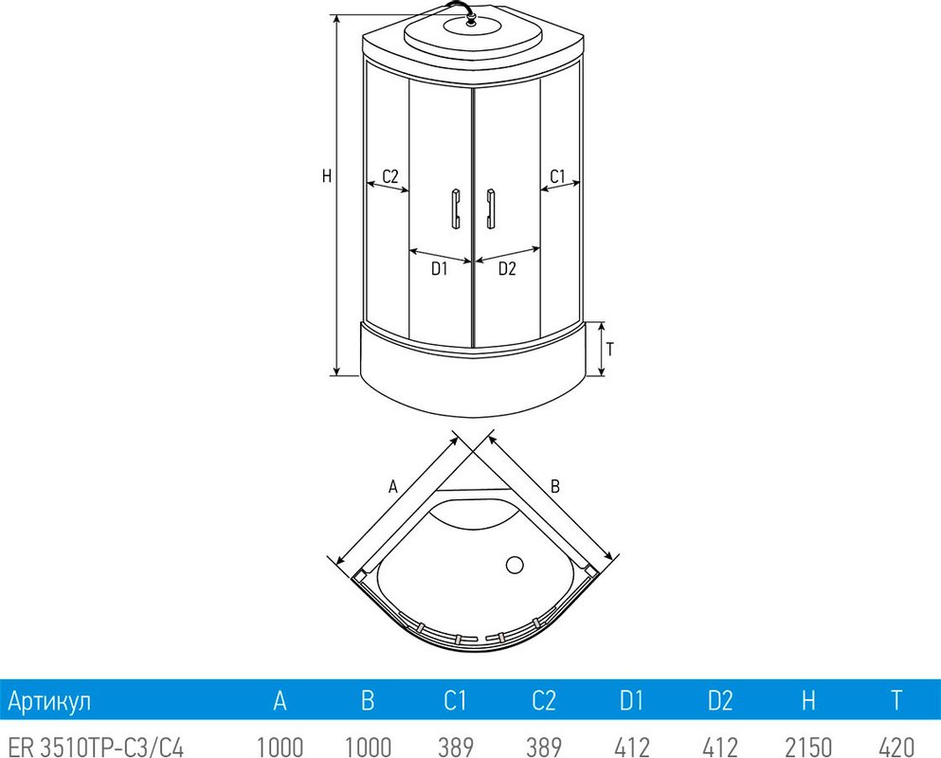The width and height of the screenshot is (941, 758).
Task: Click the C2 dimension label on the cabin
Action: pyautogui.click(x=390, y=176)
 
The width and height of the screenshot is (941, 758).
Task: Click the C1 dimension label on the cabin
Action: pyautogui.click(x=557, y=176)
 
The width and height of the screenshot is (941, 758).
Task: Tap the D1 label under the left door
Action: pyautogui.click(x=440, y=269)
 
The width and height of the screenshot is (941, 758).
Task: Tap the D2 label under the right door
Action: pyautogui.click(x=507, y=269)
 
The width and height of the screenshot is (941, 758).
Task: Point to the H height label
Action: pyautogui.click(x=327, y=176)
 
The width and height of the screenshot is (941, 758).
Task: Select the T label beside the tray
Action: pyautogui.click(x=610, y=350)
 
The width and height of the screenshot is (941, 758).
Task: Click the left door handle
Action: pyautogui.click(x=456, y=208)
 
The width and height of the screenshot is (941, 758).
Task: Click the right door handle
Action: pyautogui.click(x=492, y=208)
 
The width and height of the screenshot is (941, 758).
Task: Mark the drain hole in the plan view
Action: pyautogui.click(x=515, y=565)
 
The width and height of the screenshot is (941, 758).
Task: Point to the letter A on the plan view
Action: pyautogui.click(x=393, y=485)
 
